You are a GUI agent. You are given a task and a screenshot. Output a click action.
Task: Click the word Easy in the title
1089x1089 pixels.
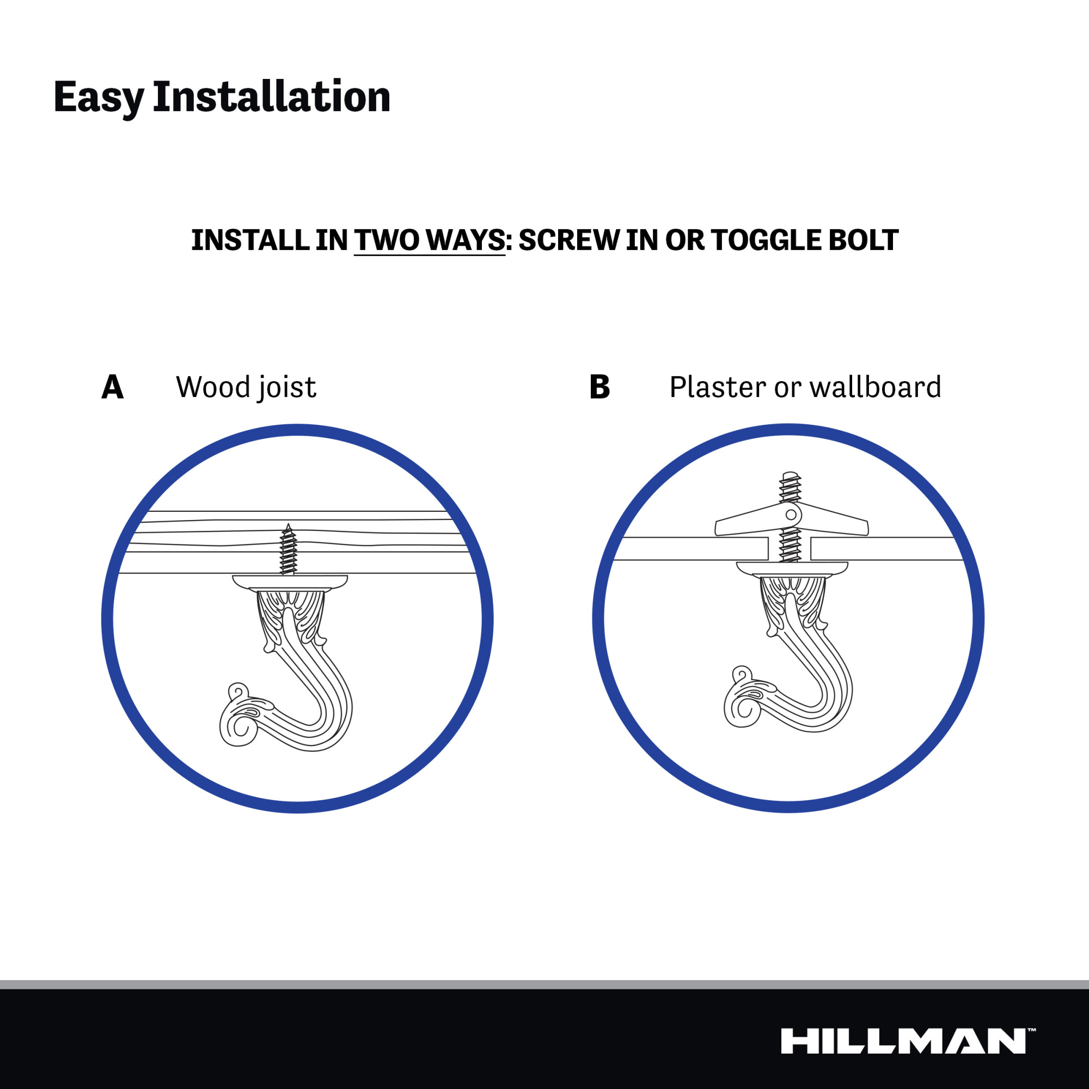(99, 97)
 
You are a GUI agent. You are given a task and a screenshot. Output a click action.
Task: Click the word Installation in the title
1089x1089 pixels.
(271, 97)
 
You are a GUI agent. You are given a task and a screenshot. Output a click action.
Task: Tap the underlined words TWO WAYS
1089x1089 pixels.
(430, 240)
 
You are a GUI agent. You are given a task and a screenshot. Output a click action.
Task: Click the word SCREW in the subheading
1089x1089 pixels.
(569, 240)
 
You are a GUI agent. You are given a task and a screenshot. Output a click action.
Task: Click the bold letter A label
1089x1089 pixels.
(112, 387)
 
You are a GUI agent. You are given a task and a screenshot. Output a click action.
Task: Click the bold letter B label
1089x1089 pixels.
(599, 387)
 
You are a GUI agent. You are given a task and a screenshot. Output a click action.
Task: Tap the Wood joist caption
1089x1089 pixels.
(246, 388)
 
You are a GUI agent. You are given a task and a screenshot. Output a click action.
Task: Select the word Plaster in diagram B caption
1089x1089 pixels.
(718, 388)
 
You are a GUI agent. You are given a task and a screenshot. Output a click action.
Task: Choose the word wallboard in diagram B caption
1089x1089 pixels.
(875, 388)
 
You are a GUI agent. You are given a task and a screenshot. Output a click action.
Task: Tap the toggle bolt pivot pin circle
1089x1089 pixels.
(791, 515)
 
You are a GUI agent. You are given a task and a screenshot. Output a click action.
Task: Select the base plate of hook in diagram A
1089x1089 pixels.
(290, 583)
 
